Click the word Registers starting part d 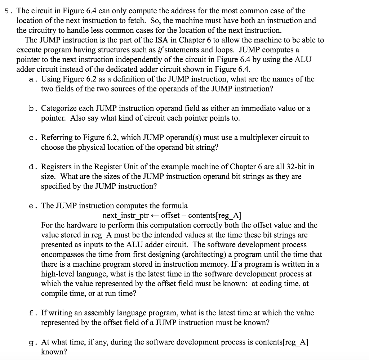point(55,167)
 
